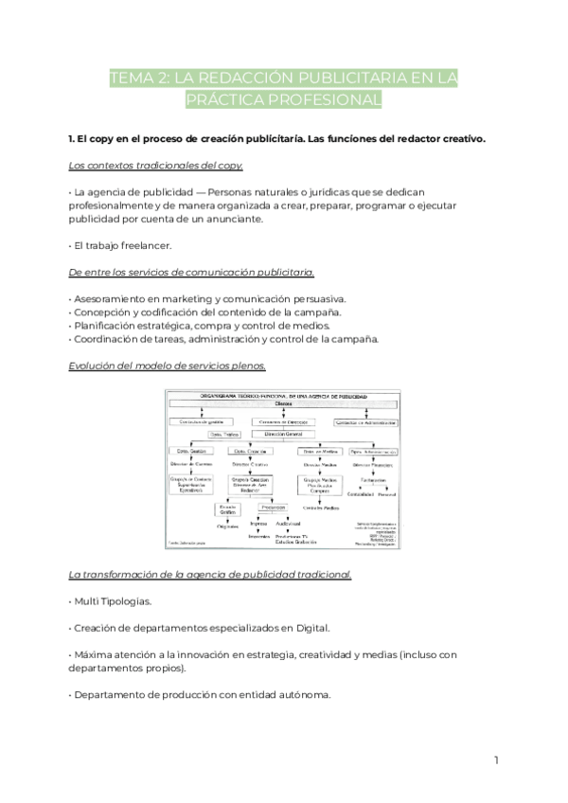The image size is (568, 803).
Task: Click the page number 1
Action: [495, 759]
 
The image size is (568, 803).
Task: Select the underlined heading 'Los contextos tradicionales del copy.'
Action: [156, 166]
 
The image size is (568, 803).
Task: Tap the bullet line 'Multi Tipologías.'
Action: [115, 601]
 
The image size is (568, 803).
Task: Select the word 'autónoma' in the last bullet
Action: [298, 694]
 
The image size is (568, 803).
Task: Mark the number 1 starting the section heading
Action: [72, 139]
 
